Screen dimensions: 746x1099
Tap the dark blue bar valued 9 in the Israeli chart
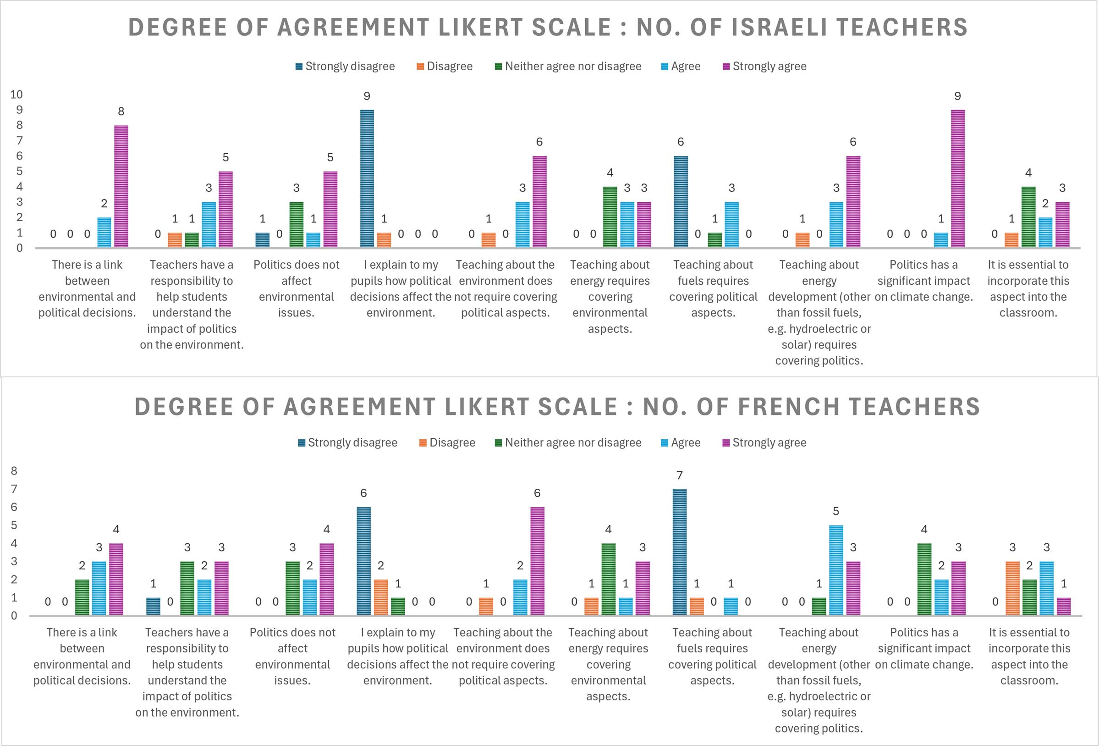click(367, 178)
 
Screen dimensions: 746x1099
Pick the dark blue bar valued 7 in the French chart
click(680, 552)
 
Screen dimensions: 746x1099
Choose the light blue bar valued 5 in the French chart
click(836, 570)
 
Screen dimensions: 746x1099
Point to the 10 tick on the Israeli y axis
click(16, 94)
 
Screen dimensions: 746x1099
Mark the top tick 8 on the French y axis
click(14, 471)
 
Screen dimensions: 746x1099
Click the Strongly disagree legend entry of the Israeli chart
click(345, 66)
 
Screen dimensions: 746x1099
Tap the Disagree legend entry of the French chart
click(447, 443)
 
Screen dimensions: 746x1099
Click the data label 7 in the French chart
click(680, 475)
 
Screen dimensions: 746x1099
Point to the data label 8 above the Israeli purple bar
click(121, 111)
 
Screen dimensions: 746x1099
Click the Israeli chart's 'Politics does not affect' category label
click(297, 288)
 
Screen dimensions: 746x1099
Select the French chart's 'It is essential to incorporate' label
click(1029, 656)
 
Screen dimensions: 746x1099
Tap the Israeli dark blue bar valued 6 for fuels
click(681, 202)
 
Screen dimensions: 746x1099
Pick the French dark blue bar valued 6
click(363, 561)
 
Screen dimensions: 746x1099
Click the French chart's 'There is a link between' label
click(82, 656)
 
